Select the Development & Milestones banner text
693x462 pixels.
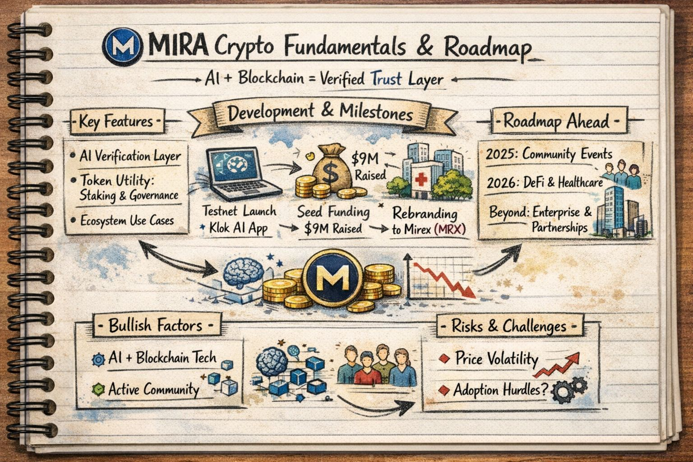[x=320, y=112]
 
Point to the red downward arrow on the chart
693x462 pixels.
[x=447, y=280]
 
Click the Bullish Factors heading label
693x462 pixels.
[x=155, y=325]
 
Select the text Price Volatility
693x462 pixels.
[x=496, y=359]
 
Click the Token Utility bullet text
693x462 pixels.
[x=129, y=188]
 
